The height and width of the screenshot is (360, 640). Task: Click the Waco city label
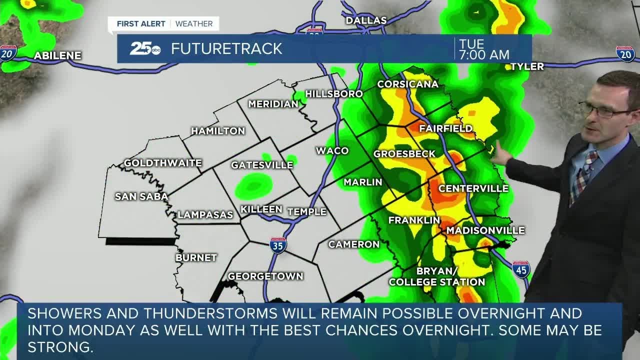pos(332,150)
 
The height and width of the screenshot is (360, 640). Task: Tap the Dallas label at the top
pos(366,20)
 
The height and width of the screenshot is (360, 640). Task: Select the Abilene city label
pos(57,55)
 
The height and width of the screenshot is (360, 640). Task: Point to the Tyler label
pos(527,66)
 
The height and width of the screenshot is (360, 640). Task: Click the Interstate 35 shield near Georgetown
pos(278,245)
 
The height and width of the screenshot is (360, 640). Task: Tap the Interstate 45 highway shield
pos(521,269)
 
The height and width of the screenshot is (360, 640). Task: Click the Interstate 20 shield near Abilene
pos(8,52)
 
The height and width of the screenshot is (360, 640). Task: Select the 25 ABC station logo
pos(145,48)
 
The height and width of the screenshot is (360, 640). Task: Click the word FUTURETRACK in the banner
pos(226,48)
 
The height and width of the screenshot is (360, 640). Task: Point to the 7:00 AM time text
pos(484,55)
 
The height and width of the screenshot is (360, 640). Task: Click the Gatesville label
pos(262,165)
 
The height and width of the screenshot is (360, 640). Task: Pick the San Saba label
pos(141,196)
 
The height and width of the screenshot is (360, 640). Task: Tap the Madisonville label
pos(485,230)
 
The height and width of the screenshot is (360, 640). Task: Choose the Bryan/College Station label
pos(437,276)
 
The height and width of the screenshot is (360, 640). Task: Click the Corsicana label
pos(407,84)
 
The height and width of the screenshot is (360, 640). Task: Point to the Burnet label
pos(196,257)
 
